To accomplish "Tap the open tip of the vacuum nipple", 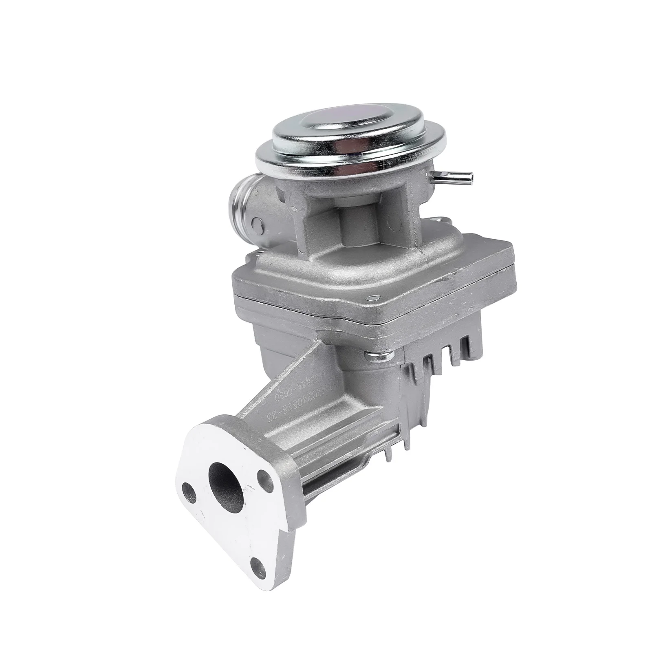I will (x=471, y=176).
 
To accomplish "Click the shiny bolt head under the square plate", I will (x=378, y=357).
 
